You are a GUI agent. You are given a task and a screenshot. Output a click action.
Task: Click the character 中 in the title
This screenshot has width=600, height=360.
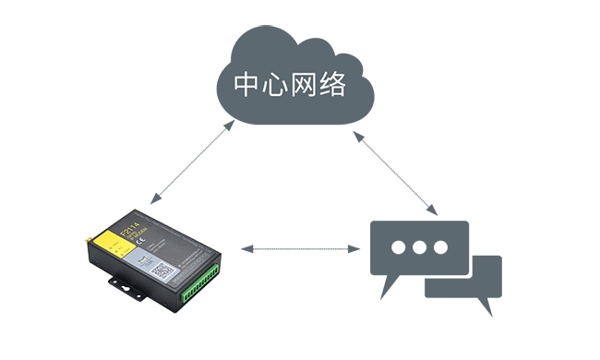coord(246,85)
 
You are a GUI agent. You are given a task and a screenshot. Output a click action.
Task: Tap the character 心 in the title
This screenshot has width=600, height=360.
coord(275,85)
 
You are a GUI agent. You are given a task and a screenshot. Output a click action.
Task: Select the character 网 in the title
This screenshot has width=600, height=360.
coord(305,85)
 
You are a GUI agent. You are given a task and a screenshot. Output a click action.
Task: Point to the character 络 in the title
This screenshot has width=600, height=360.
coord(334,85)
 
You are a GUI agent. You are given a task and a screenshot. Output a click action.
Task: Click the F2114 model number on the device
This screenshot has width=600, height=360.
coord(130,229)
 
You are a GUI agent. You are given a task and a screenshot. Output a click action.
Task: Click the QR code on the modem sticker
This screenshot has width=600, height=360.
coord(162,270)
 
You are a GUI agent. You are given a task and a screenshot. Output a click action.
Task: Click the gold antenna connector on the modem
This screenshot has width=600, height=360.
coord(88,240)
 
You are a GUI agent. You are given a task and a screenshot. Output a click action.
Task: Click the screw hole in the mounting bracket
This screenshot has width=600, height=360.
coord(126,287)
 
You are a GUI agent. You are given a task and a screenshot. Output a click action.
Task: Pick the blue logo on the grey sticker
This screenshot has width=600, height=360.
coord(142,259)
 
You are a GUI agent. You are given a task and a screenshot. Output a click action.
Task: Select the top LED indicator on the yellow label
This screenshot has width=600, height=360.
coord(111,247)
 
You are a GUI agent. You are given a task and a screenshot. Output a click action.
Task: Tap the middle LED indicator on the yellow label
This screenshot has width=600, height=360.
coord(116,251)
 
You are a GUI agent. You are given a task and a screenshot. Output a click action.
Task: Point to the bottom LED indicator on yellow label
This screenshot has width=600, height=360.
coord(122,255)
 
